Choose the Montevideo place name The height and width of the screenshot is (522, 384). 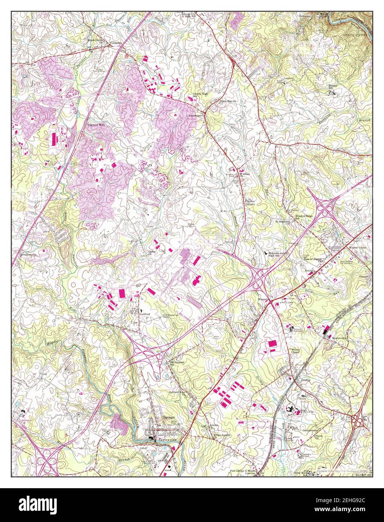tap(339, 338)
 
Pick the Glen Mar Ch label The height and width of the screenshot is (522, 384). tap(229, 101)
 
